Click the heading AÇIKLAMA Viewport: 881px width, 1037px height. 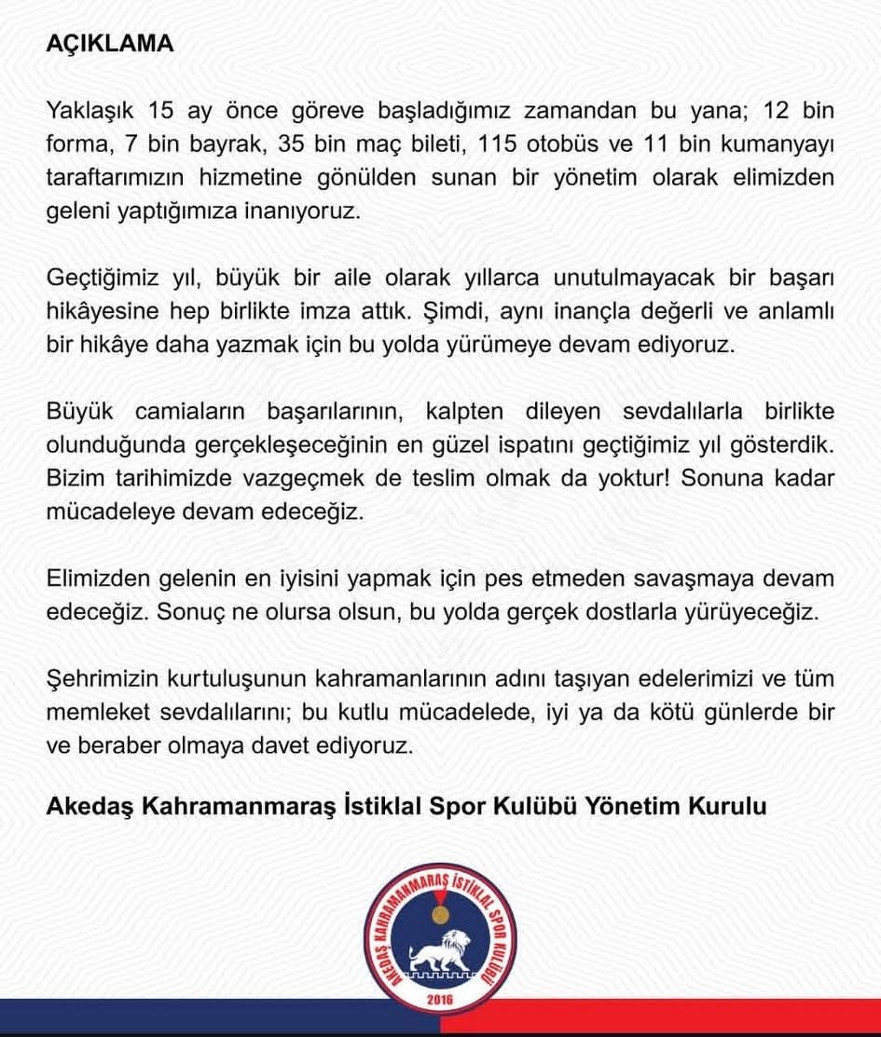click(x=110, y=45)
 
